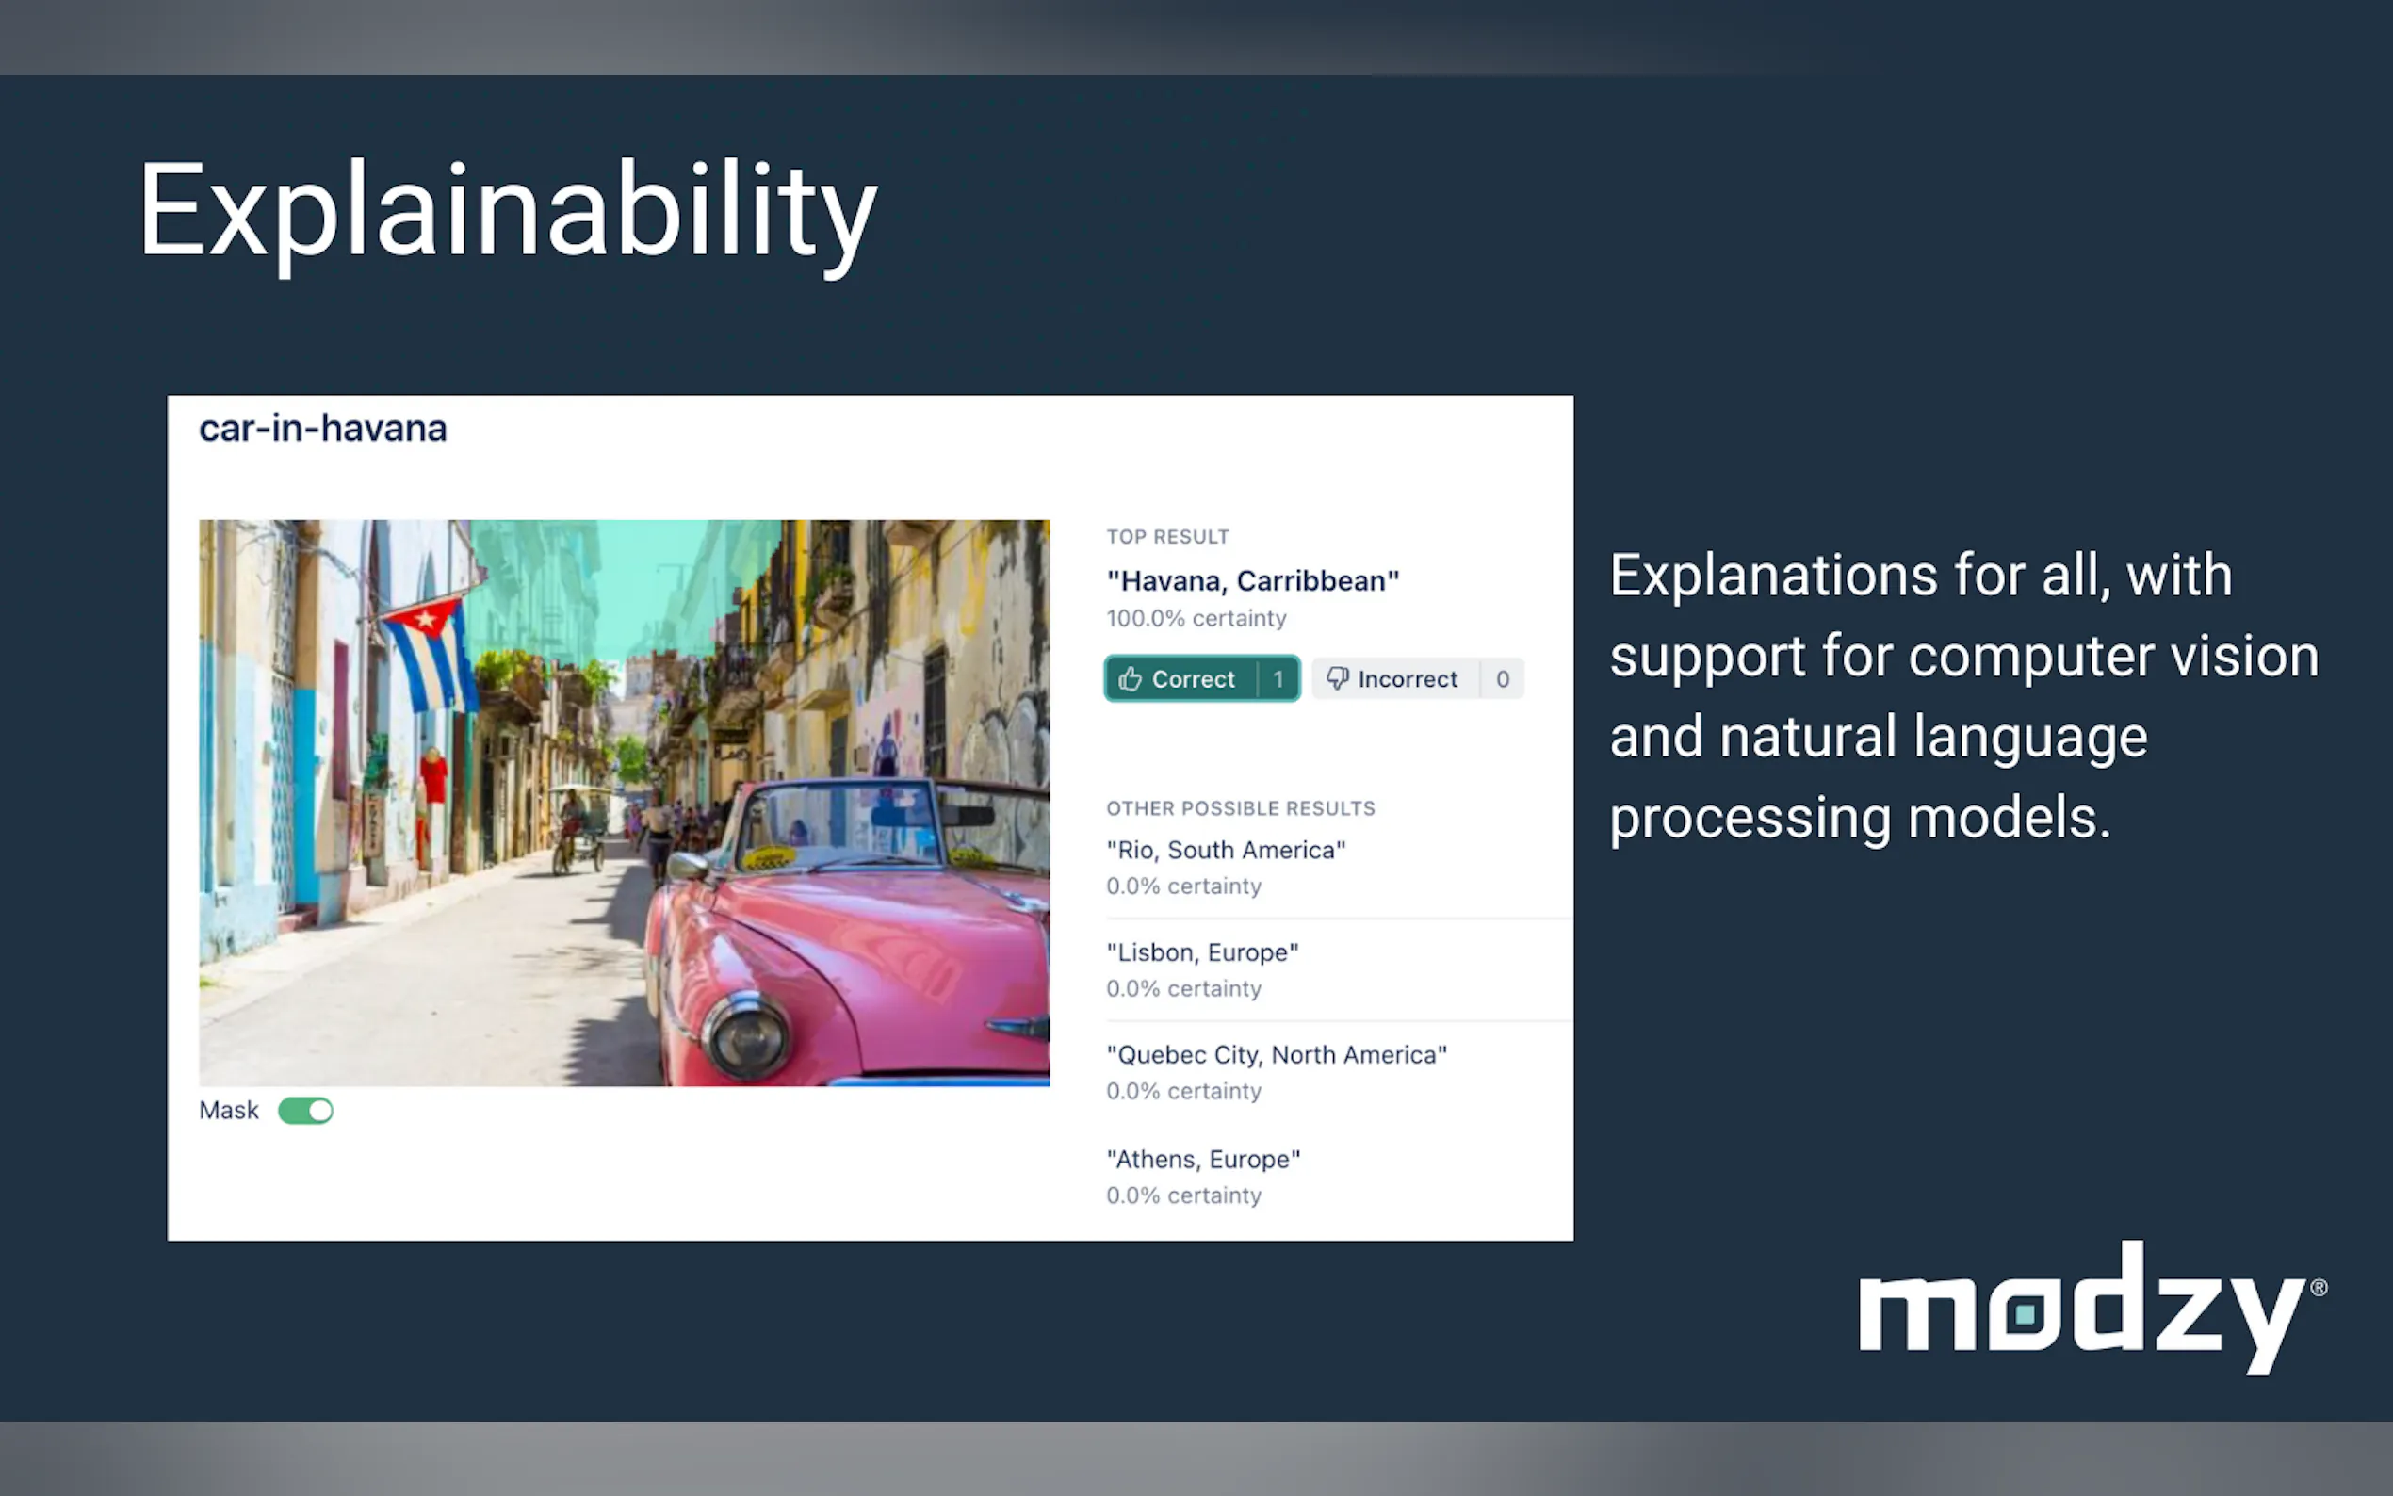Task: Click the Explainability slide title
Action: [508, 214]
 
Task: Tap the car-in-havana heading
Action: [322, 429]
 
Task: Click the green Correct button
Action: [1202, 678]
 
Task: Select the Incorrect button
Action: [1418, 678]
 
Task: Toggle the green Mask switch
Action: [305, 1110]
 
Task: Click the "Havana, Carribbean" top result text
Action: [1252, 581]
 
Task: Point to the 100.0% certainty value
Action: [1196, 618]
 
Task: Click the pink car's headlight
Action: [746, 1036]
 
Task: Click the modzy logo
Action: [2092, 1308]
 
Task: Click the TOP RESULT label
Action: [1167, 536]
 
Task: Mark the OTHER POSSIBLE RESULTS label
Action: [1241, 808]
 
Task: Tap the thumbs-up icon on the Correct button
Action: [1130, 678]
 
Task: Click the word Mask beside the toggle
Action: [229, 1110]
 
